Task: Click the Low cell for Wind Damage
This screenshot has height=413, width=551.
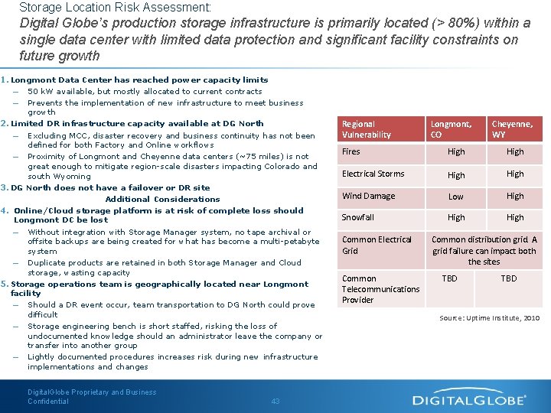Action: point(456,197)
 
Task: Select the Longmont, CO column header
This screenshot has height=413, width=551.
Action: point(451,129)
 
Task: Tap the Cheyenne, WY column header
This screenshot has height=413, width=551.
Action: point(512,129)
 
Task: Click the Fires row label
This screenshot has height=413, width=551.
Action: point(351,152)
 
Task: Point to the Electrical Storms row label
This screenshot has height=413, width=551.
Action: point(373,174)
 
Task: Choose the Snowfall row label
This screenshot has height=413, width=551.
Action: point(358,218)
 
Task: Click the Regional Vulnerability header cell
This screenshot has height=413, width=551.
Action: point(366,129)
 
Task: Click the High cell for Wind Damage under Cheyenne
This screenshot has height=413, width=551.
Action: point(515,197)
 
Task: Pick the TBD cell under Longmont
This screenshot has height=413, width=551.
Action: point(450,278)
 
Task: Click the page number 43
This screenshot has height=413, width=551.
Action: point(275,401)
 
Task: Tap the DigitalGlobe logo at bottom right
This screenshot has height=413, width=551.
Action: point(469,399)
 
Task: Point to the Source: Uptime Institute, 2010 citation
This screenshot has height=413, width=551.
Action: point(489,317)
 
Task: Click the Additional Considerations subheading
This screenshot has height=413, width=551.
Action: point(152,199)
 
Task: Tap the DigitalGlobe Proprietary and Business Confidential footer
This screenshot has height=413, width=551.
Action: point(92,397)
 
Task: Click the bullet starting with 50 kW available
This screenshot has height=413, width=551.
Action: point(144,91)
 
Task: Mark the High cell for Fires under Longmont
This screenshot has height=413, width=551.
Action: point(456,152)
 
